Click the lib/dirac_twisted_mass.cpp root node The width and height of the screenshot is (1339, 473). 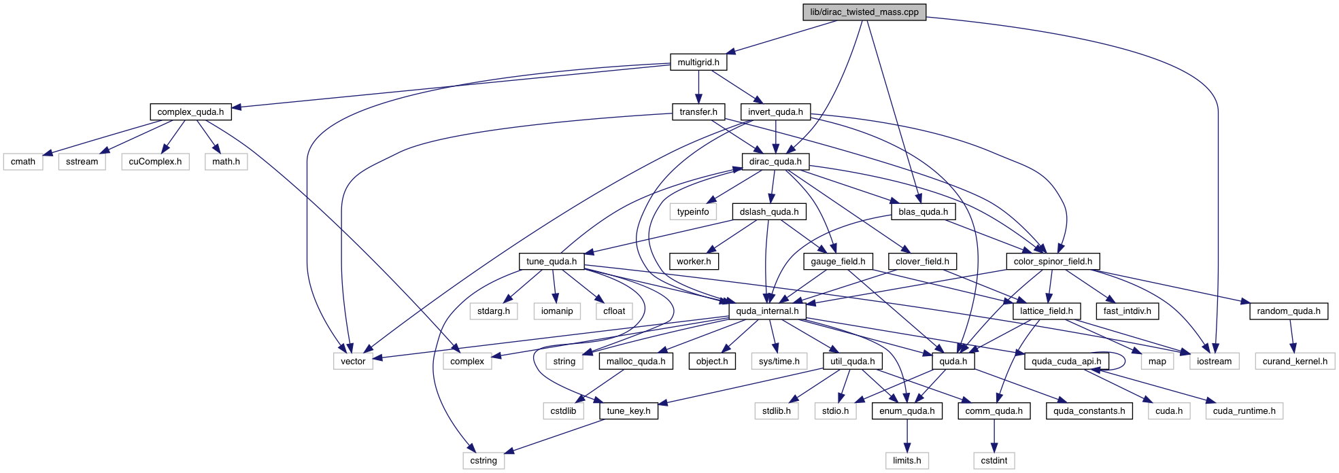coord(864,12)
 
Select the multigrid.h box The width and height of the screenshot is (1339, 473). coord(698,63)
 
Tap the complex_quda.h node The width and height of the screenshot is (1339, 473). coord(190,112)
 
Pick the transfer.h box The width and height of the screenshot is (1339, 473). coord(698,112)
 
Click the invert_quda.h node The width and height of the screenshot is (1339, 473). coord(775,112)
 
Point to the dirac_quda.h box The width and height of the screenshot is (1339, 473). coord(775,162)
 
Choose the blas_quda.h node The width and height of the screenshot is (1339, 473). coord(923,212)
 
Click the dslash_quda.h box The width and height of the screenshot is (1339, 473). coord(769,212)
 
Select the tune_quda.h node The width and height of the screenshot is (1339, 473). coord(552,262)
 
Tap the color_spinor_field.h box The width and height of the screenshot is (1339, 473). coord(1053,262)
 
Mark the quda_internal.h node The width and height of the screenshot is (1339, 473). coord(767,311)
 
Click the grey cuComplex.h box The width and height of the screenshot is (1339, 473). coord(155,162)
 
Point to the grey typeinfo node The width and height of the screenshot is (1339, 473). coord(693,212)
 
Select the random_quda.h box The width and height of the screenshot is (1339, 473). coord(1289,311)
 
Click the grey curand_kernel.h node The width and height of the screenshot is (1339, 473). coord(1295,362)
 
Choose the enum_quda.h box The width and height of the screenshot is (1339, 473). coord(906,411)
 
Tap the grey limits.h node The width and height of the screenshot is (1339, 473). coord(906,461)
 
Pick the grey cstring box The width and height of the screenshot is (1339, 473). coord(484,461)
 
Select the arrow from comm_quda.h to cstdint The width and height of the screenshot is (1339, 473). coord(994,436)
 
